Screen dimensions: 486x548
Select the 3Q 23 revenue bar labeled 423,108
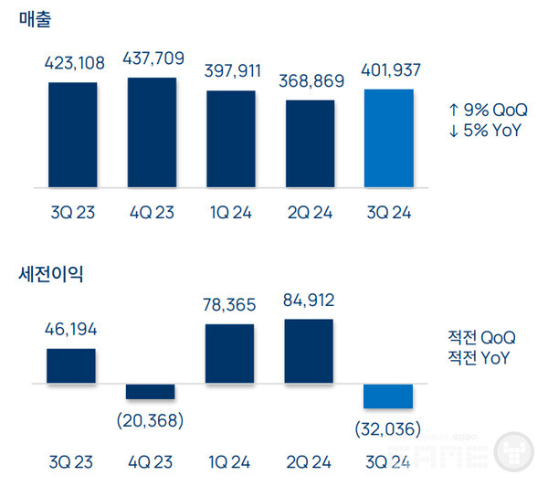[x=72, y=134]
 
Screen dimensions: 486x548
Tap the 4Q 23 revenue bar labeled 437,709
[x=152, y=132]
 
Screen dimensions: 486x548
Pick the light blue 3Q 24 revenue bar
[x=388, y=138]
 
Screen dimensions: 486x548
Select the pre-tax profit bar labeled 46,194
[x=71, y=366]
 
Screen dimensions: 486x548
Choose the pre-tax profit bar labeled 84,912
[x=309, y=352]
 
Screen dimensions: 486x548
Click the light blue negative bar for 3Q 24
[x=388, y=396]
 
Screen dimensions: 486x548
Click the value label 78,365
[x=229, y=305]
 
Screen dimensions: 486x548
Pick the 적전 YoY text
[x=481, y=357]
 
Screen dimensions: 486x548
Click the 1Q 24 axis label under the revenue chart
[x=230, y=212]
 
